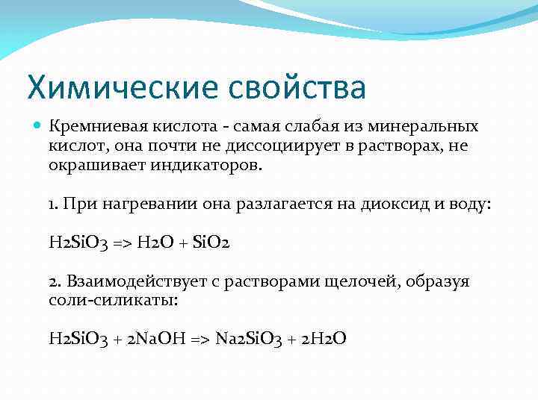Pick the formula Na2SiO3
click(250, 340)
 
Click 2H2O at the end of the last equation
click(324, 340)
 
